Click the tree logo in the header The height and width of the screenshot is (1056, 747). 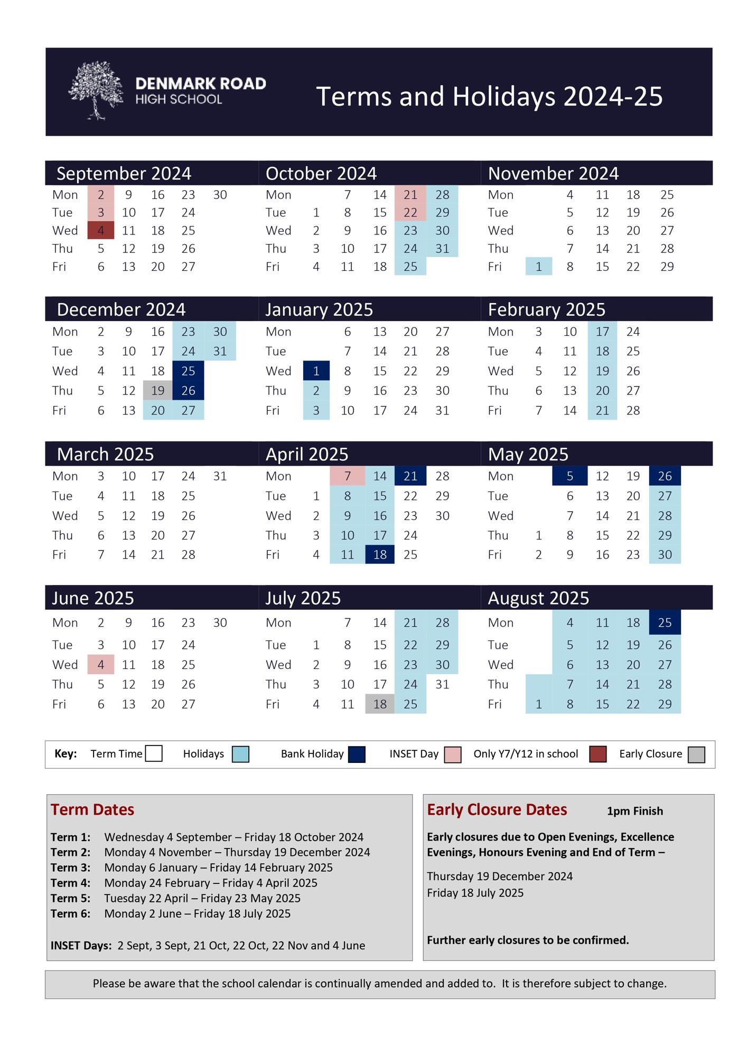[96, 90]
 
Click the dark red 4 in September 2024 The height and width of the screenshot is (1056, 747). [100, 231]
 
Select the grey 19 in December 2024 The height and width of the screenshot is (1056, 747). [157, 391]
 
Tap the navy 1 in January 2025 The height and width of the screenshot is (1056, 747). [316, 371]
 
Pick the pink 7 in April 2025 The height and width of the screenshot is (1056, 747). [347, 476]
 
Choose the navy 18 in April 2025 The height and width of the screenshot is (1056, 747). [380, 555]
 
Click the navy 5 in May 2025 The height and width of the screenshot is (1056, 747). [569, 476]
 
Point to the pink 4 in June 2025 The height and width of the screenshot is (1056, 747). [100, 665]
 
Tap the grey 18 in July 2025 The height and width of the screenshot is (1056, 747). [380, 704]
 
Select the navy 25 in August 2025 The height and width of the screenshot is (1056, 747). [665, 623]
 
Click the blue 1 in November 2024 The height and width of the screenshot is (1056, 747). [538, 267]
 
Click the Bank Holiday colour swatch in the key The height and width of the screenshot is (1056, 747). [357, 755]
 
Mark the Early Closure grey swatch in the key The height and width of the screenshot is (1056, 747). [696, 755]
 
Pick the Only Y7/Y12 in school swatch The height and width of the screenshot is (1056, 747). [597, 755]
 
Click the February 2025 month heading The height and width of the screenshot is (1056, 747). [546, 310]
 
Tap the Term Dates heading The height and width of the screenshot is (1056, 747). [92, 810]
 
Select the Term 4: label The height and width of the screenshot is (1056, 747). [70, 883]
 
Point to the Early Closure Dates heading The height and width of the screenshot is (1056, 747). [497, 810]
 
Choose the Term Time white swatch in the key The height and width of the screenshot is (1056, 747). [154, 754]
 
